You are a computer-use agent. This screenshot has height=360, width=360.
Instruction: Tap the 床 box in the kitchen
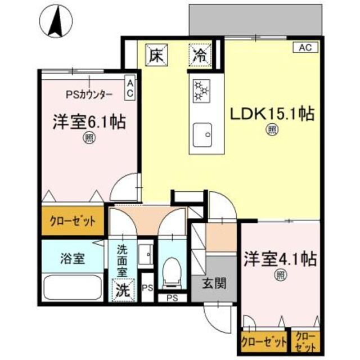click(x=155, y=55)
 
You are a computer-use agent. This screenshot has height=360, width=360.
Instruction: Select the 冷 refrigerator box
click(x=199, y=55)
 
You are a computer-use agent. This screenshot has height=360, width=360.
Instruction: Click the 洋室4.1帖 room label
click(x=279, y=260)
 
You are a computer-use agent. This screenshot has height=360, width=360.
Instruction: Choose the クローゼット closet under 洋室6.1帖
click(x=72, y=222)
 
